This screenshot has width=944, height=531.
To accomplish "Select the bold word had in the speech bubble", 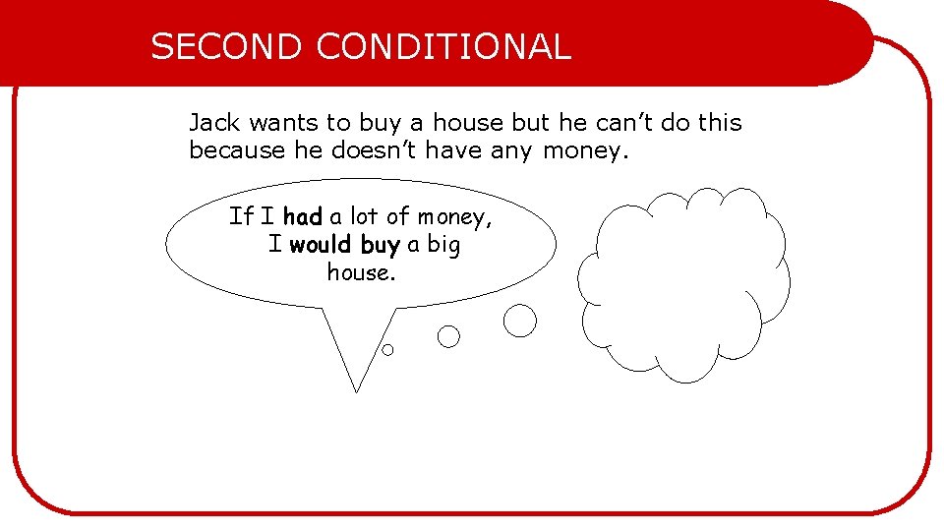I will (303, 216).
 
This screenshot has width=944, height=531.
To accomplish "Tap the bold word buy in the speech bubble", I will (381, 245).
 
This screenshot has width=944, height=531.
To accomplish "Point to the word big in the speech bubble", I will (443, 245).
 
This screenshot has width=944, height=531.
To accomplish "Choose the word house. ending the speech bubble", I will (361, 271).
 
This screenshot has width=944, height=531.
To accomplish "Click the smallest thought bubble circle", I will (387, 349).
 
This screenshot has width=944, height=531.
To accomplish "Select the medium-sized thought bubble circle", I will (448, 337).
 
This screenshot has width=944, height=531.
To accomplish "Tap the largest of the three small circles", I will (520, 321).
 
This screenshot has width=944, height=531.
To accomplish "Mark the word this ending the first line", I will (720, 123).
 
